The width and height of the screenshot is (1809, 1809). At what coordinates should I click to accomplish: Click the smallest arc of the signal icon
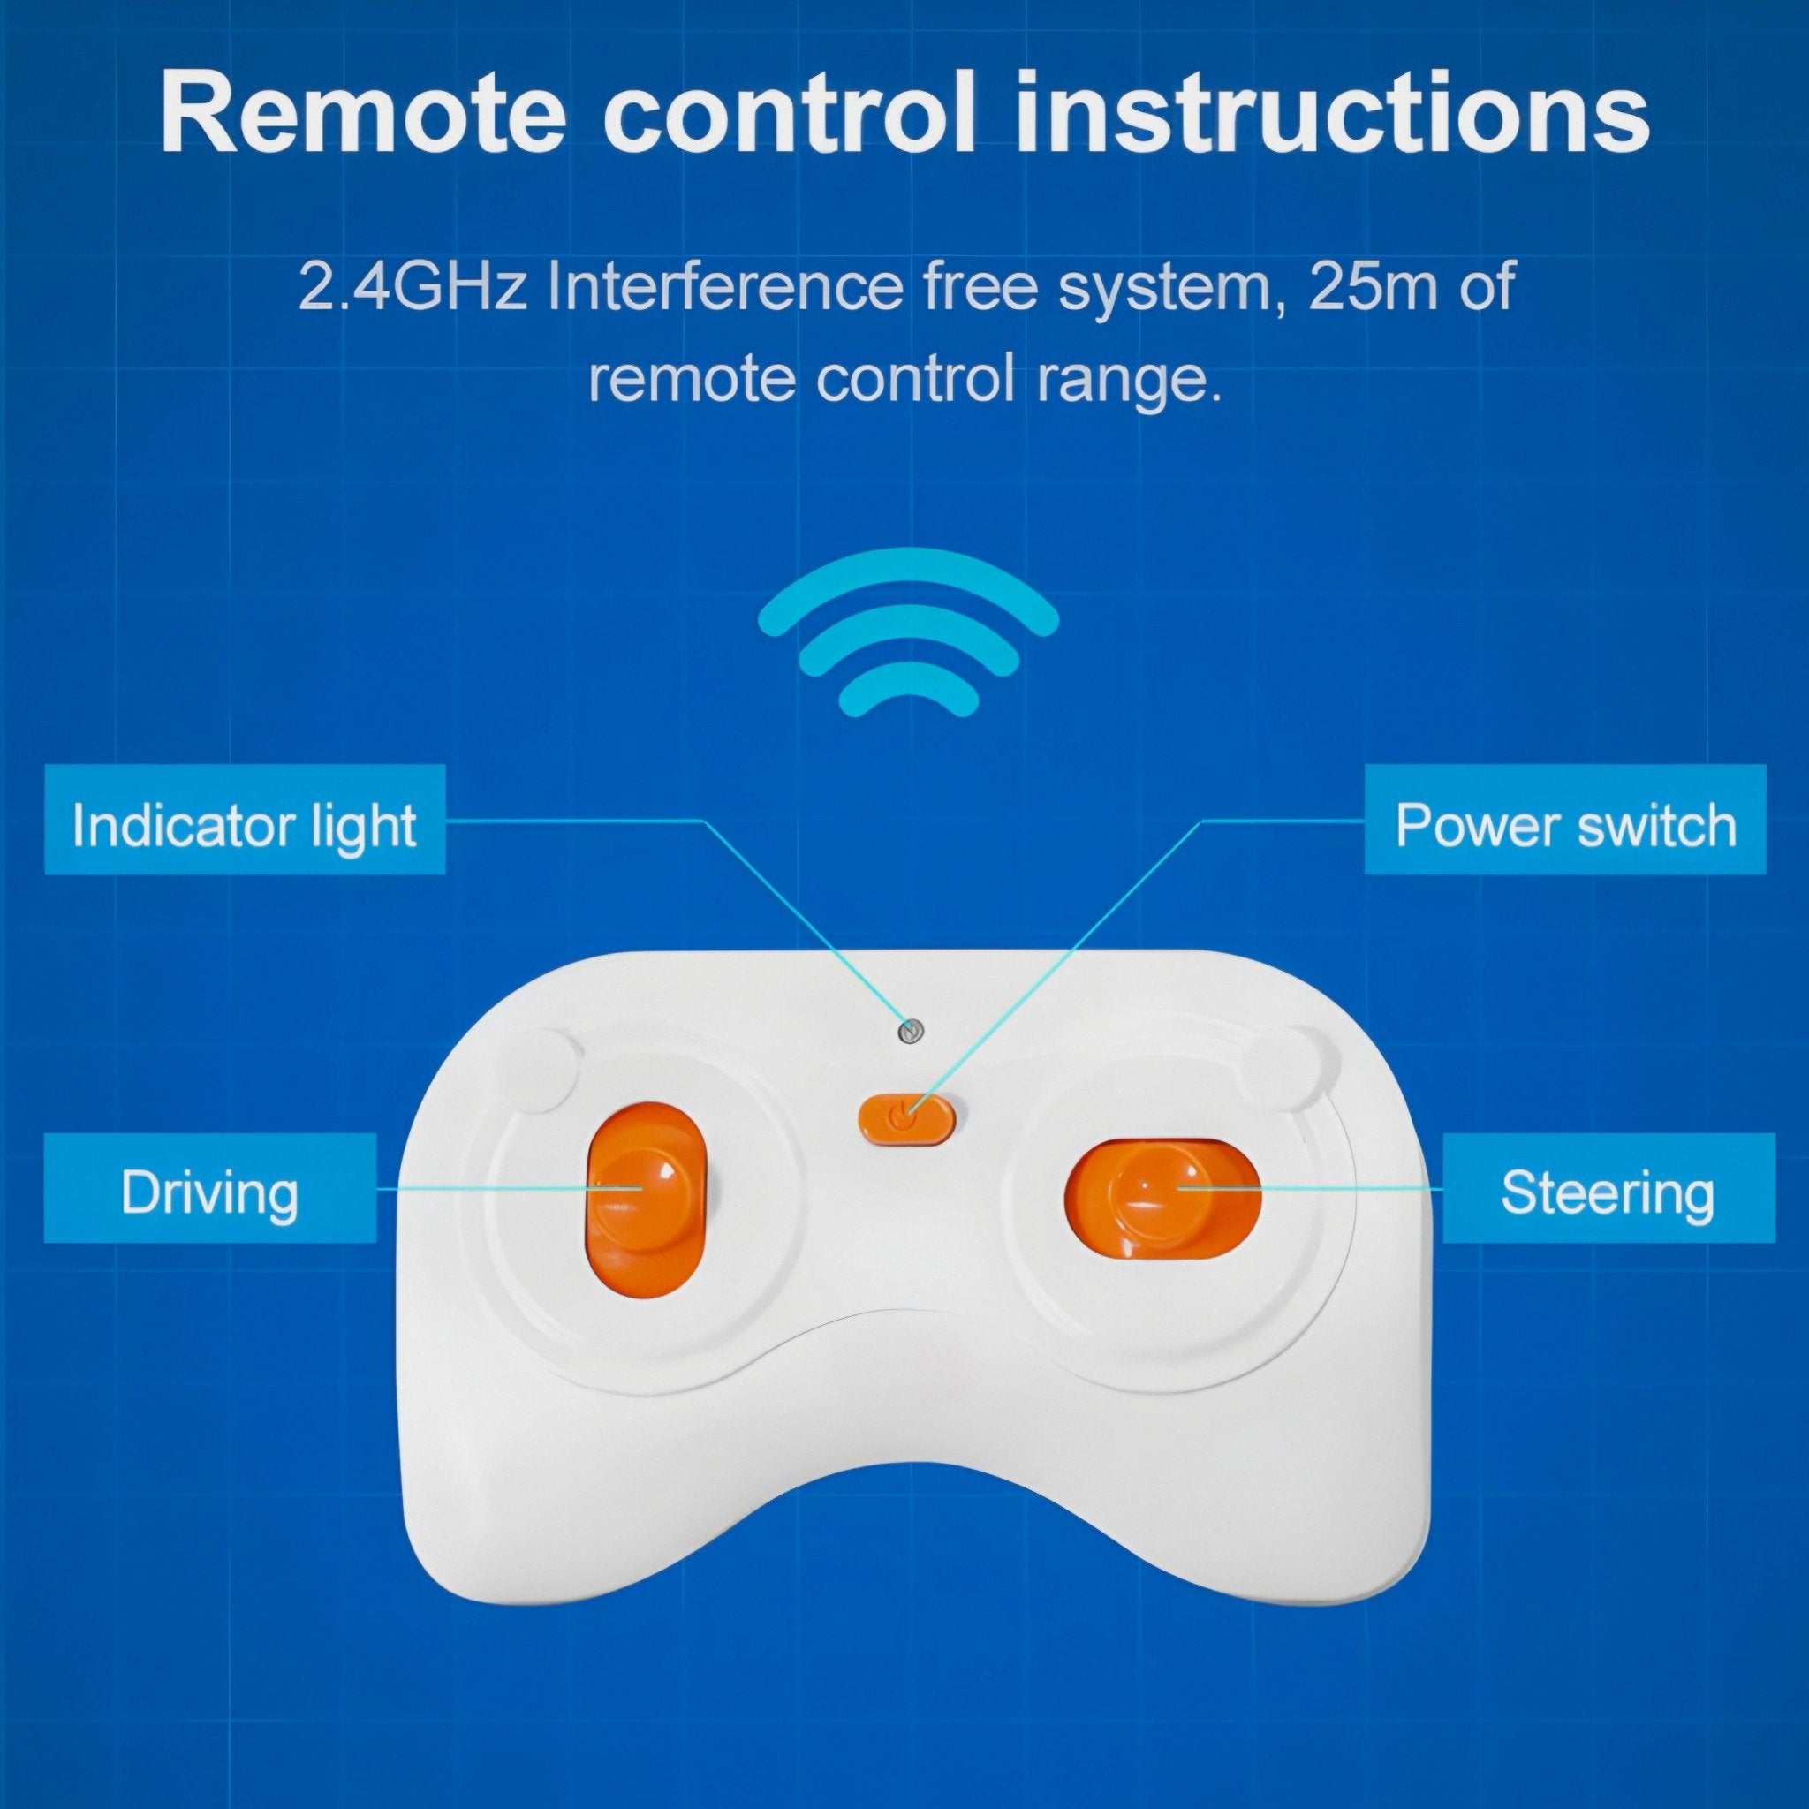[x=908, y=691]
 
